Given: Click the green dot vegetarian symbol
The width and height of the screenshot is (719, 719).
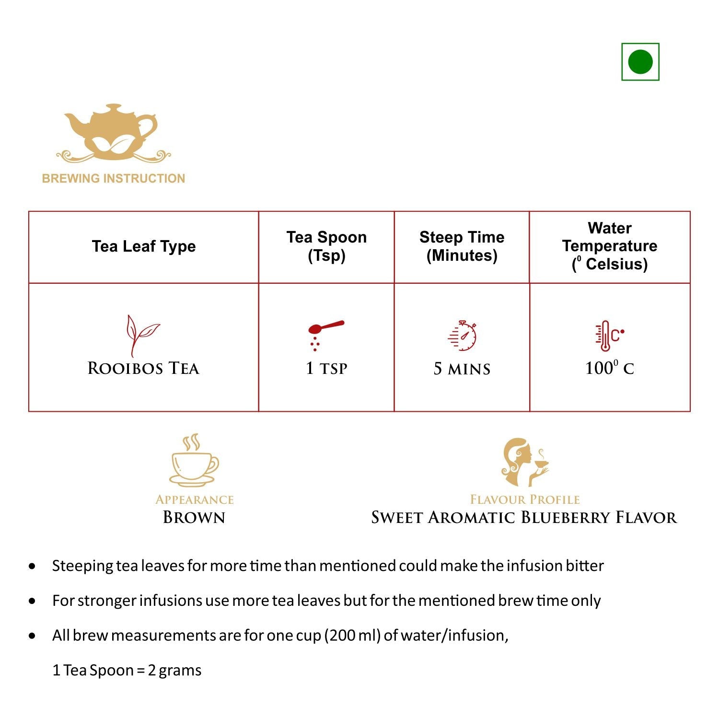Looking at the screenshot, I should [x=640, y=62].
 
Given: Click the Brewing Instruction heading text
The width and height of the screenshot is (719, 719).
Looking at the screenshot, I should [x=114, y=178].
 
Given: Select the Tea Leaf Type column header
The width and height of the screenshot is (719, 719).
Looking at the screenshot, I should [x=144, y=246].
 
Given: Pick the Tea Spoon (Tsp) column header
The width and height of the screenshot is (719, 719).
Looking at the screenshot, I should [x=326, y=246].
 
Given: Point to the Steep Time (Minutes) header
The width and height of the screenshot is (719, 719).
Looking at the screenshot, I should [x=462, y=246].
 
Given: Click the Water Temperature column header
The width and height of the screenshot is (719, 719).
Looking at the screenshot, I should [x=610, y=246].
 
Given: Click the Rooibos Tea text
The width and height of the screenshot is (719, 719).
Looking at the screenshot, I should [x=143, y=369].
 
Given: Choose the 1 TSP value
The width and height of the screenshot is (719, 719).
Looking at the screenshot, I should [x=326, y=369].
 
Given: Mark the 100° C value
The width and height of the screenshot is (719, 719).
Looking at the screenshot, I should [x=609, y=368].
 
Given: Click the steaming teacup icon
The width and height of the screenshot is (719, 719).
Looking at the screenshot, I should [x=194, y=461].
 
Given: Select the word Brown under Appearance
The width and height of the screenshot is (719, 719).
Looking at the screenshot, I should [x=194, y=518].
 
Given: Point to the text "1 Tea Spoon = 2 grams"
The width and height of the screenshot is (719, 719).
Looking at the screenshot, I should [x=127, y=670].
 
